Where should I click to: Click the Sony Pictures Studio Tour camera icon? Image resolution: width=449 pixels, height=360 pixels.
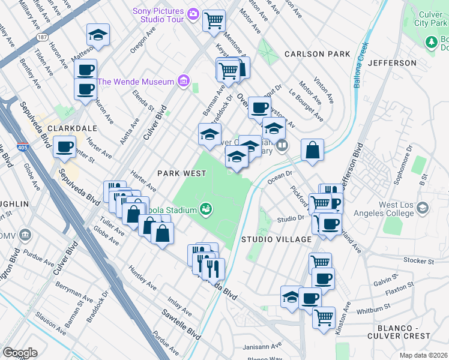coord(193,13)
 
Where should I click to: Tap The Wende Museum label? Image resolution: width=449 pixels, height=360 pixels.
coord(135,82)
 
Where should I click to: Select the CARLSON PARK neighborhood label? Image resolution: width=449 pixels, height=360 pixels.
coord(317,54)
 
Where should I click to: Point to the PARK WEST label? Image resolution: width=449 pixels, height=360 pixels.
coord(182,173)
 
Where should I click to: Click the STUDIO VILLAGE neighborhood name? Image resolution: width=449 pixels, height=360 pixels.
coord(276,239)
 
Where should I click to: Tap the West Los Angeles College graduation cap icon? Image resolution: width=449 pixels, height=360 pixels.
coord(423,208)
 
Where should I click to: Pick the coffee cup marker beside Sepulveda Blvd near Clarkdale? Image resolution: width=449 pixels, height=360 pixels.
coord(64,146)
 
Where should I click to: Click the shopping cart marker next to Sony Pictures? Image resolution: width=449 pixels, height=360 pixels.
coord(214,21)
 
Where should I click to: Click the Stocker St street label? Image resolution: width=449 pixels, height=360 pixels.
coord(403,261)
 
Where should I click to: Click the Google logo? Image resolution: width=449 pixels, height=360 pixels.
coord(20,353)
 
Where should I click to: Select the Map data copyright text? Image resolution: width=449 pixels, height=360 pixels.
coord(423,355)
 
